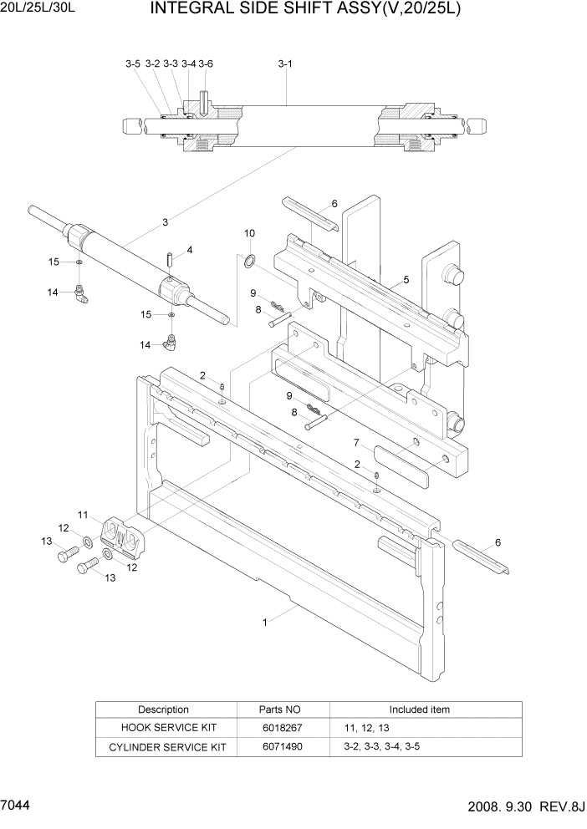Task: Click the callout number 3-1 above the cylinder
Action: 284,64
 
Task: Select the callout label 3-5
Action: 133,64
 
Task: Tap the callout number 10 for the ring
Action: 249,233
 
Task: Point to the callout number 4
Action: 190,250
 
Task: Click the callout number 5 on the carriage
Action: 406,280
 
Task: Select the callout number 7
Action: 355,443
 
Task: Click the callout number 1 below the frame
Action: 265,622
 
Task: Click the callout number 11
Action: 84,514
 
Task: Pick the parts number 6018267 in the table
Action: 280,728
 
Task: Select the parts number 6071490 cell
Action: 280,746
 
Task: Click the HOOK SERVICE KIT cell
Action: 163,728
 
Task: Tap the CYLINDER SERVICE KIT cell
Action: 163,746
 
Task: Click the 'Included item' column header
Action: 419,709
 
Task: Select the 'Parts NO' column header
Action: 280,709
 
